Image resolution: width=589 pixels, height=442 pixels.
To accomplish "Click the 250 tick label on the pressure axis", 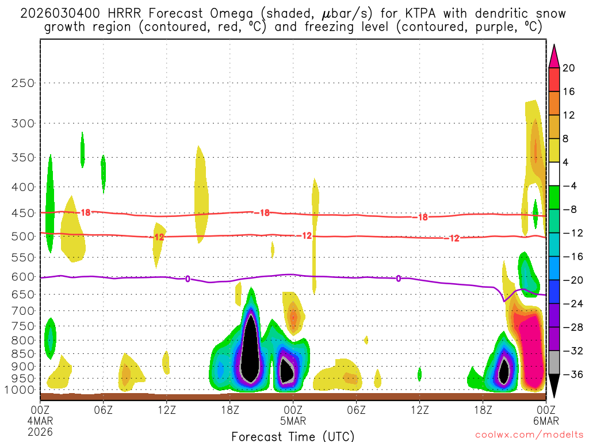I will (22, 83).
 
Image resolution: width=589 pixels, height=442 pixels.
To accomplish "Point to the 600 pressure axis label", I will (22, 277).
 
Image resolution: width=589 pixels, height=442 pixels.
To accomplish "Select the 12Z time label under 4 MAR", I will (166, 410).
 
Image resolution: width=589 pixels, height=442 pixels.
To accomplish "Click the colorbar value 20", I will (568, 68).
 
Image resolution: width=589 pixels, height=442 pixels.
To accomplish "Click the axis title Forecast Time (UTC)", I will (293, 436).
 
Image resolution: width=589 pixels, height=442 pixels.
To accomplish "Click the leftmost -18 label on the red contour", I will (85, 212).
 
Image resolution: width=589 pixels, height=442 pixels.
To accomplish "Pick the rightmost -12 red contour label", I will (454, 238).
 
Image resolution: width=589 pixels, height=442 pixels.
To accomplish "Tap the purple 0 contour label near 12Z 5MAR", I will (398, 279).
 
